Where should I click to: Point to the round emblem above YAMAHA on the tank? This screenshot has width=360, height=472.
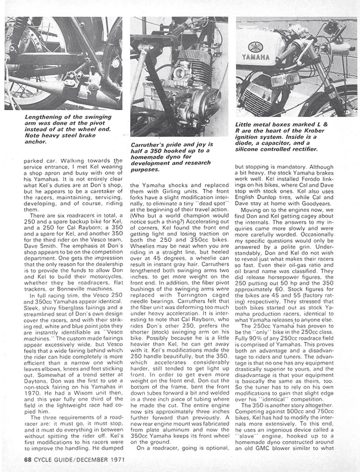click(x=254, y=47)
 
